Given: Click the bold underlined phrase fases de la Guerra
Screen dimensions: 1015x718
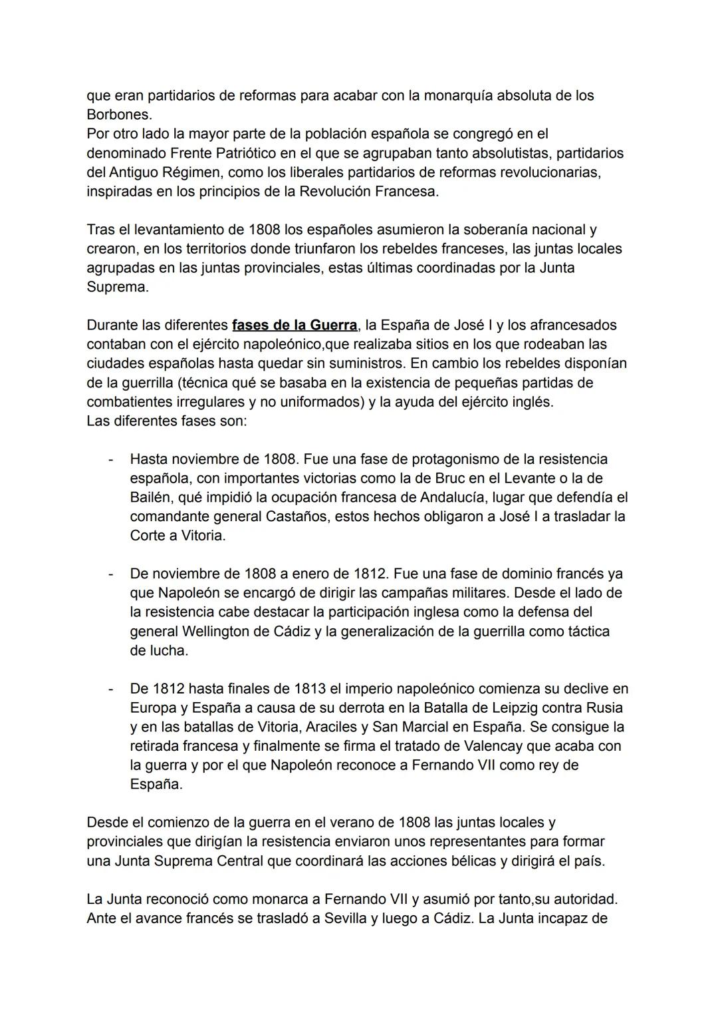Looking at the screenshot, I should [295, 325].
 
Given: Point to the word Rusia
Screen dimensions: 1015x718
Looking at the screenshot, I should [604, 708].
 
